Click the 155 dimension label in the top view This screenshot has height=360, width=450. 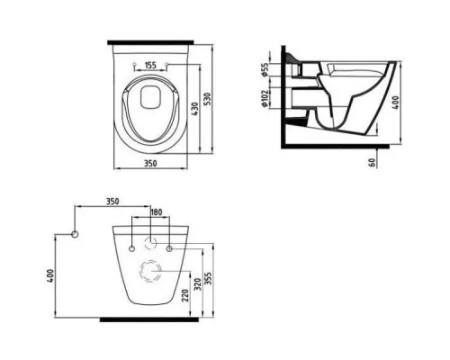(150, 65)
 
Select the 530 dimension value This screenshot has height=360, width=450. (207, 99)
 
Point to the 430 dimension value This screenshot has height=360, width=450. (194, 109)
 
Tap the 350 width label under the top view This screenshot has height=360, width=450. (150, 164)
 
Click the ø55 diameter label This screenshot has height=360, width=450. (265, 69)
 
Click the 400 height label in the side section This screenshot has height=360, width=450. (396, 103)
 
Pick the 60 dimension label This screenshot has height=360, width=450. (373, 162)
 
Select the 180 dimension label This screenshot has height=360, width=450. (156, 212)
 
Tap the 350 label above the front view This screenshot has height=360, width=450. (112, 201)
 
